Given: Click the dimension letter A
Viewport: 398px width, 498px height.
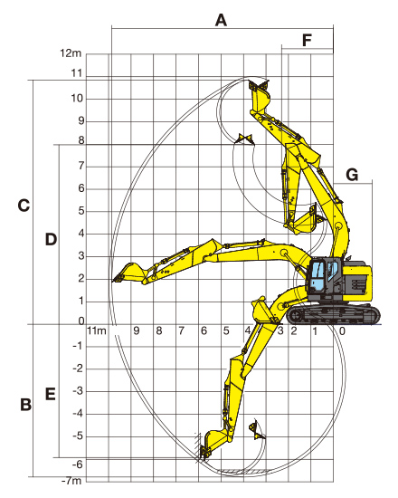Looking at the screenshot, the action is tap(221, 20).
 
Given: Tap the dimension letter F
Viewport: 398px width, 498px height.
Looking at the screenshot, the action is tap(307, 41).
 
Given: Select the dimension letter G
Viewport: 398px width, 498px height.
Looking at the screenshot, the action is tap(352, 175).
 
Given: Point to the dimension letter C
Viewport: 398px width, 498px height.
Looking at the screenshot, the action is tap(24, 206).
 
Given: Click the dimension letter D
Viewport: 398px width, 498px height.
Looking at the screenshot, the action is tap(51, 239).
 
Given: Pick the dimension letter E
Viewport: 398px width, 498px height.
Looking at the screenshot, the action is tap(51, 394).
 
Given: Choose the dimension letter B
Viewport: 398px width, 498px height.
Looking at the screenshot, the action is tap(25, 405).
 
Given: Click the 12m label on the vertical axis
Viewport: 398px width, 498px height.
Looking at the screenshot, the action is tap(71, 53).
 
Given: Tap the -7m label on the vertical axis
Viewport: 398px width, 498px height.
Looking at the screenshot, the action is tap(71, 481).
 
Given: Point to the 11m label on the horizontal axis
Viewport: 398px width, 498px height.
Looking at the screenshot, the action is tap(97, 330).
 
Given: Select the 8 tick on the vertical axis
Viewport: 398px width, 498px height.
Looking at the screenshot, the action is tap(81, 140).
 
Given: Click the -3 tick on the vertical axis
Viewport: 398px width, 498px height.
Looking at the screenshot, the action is tap(78, 391).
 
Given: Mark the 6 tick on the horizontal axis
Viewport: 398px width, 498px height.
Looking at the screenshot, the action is tap(204, 330).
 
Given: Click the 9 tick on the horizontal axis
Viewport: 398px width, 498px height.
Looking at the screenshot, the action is tap(137, 330).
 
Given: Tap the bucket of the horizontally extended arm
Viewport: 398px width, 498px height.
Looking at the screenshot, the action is tap(129, 273).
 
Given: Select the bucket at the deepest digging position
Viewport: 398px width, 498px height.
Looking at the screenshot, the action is tap(216, 444).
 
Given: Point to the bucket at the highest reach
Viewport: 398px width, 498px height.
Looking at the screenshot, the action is tap(260, 95).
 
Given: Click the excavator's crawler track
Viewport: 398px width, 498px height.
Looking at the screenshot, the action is tap(333, 314).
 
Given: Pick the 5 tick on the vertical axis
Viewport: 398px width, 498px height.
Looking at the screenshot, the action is tap(81, 211).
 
